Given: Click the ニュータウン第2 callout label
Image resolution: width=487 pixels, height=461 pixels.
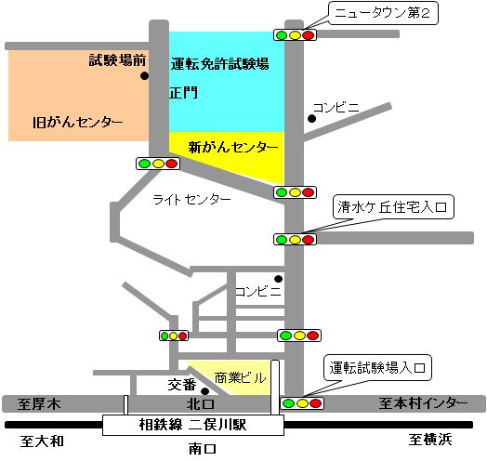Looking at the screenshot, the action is (x=383, y=13).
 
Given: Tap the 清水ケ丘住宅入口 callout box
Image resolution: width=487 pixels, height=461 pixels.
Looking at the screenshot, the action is (x=393, y=207).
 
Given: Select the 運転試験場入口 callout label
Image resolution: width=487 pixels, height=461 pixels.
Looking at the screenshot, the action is (x=377, y=368).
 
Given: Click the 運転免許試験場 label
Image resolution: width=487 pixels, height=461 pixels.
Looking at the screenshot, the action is (x=219, y=64).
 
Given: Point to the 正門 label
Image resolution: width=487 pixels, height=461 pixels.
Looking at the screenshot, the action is (x=184, y=93).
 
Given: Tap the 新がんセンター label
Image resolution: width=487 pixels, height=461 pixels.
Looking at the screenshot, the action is (x=233, y=147).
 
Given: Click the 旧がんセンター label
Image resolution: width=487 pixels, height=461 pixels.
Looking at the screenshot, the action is (x=78, y=122).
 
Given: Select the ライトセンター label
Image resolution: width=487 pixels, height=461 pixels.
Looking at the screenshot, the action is (x=191, y=200).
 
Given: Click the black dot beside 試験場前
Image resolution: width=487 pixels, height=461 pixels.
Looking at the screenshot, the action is (x=144, y=76).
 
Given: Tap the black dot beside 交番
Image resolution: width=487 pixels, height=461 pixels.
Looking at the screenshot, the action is (x=204, y=391).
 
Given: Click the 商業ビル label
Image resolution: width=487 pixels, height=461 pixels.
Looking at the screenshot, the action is (x=241, y=377).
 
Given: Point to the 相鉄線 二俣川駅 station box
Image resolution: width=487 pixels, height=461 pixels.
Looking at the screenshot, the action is (x=193, y=425).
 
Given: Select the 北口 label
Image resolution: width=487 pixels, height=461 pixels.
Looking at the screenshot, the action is (x=201, y=404).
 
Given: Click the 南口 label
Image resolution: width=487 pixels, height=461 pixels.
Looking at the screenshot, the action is (x=203, y=449).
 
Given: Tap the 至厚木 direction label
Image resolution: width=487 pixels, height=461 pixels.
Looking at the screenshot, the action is (x=39, y=404).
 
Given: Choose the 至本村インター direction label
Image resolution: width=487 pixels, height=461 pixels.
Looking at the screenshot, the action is (x=423, y=403).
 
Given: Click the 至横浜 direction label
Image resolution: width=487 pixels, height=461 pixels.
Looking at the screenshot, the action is (x=430, y=440).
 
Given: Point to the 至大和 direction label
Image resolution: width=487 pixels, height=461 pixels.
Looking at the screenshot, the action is (x=42, y=441).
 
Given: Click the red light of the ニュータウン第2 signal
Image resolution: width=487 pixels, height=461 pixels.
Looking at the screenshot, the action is (x=309, y=35).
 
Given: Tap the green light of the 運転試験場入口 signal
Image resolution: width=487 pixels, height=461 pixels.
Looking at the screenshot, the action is (x=288, y=403).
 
